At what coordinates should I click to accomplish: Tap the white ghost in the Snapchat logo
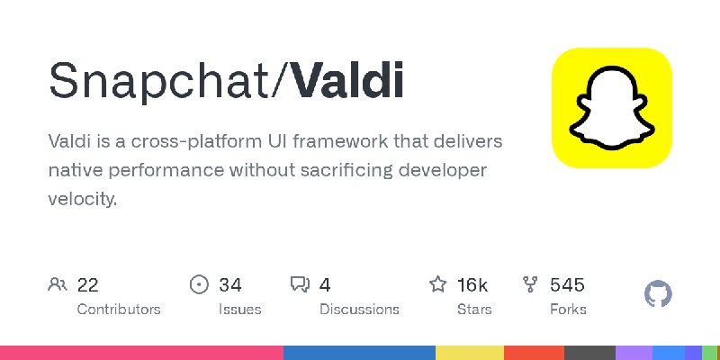coord(612,108)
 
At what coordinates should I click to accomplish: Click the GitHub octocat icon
coord(659,293)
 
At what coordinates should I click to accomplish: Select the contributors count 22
coord(87,285)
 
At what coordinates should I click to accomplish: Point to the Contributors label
coord(119,309)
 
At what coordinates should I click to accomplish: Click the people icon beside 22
coord(58,285)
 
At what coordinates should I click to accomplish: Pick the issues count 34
coord(230,285)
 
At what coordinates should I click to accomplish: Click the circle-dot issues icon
coord(199,285)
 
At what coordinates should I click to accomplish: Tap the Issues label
coord(239,309)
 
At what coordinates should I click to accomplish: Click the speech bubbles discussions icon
coord(300,285)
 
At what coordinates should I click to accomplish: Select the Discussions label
coord(359,309)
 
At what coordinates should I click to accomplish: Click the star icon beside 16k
coord(438,285)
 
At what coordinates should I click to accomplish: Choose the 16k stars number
coord(472,285)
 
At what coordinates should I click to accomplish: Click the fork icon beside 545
coord(530,285)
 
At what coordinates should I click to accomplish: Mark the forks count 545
coord(567,285)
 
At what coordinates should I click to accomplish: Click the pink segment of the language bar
coord(141,353)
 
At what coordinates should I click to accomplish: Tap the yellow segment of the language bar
coord(470,353)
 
